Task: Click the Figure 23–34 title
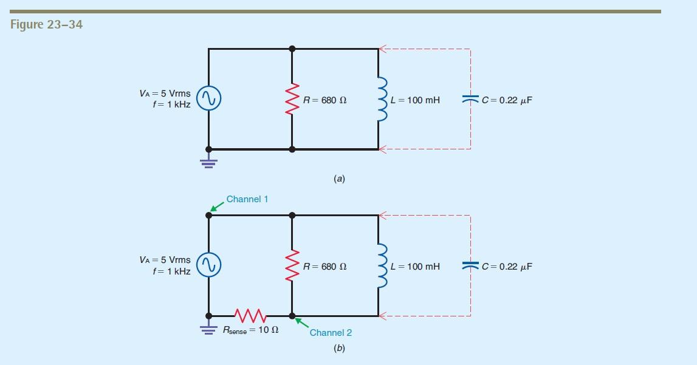(x=47, y=25)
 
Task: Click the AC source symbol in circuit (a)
(x=208, y=99)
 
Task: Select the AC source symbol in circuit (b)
(x=208, y=265)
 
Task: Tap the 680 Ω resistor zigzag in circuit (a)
(x=292, y=99)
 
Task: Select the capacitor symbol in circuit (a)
(x=470, y=99)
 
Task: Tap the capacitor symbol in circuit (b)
(x=470, y=265)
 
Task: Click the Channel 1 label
(x=247, y=199)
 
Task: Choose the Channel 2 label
(x=331, y=332)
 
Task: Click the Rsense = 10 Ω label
(x=250, y=331)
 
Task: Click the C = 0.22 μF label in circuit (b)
(x=507, y=267)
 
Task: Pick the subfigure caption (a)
(x=339, y=179)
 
